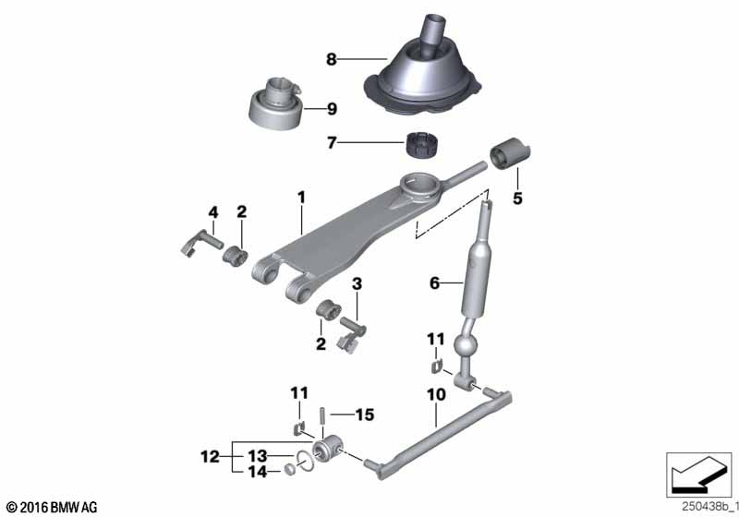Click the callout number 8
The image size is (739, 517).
click(332, 60)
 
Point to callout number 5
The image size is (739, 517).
click(517, 198)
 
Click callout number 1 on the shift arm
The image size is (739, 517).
click(300, 197)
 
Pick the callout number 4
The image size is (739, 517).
click(212, 212)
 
